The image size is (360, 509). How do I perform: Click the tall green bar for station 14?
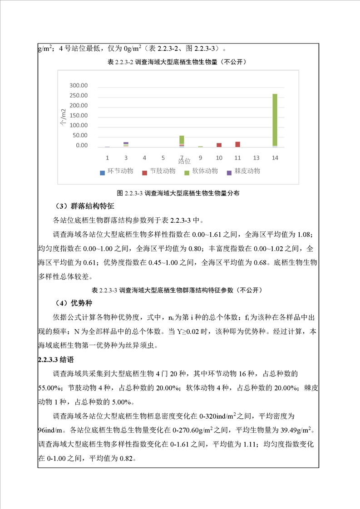[x=275, y=120]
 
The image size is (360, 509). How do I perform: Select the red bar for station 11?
[x=237, y=144]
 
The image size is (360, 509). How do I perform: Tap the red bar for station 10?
[x=219, y=145]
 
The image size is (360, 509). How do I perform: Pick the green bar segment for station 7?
[x=182, y=139]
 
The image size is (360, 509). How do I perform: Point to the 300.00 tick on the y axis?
[x=78, y=86]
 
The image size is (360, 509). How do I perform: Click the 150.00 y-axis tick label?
[x=78, y=116]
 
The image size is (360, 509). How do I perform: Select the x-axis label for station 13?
[x=256, y=157]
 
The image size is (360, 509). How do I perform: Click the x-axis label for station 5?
[x=163, y=157]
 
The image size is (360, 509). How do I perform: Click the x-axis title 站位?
[x=184, y=161]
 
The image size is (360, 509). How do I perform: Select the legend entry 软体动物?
[x=201, y=171]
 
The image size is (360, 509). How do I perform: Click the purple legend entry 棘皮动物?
[x=243, y=171]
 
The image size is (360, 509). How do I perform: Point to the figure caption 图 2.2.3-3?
[x=178, y=193]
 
